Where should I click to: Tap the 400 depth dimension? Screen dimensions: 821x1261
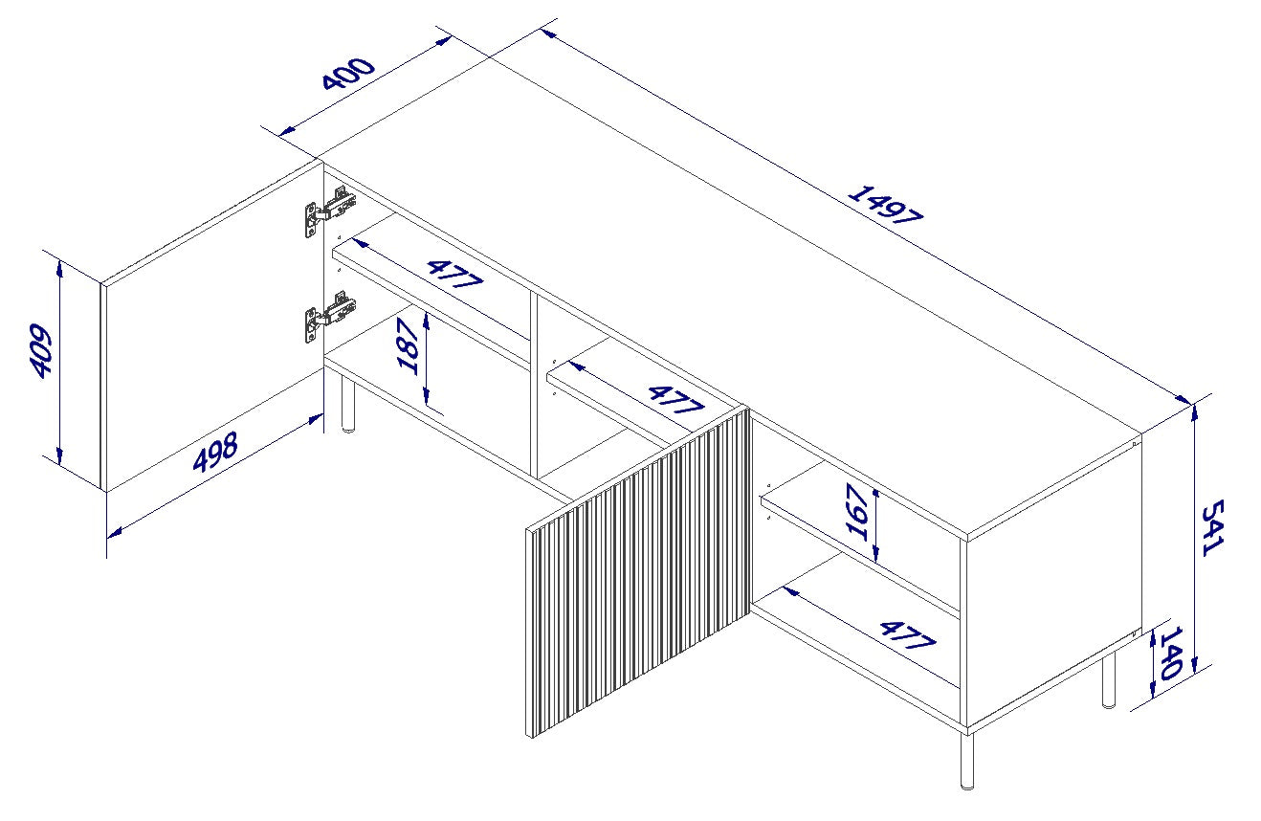pyautogui.click(x=347, y=74)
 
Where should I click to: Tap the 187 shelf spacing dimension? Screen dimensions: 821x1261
pyautogui.click(x=409, y=346)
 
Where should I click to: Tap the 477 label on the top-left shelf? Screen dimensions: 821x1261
pyautogui.click(x=454, y=275)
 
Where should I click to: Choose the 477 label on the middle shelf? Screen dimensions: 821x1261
pyautogui.click(x=675, y=399)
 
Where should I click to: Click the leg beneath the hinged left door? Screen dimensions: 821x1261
pyautogui.click(x=347, y=406)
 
